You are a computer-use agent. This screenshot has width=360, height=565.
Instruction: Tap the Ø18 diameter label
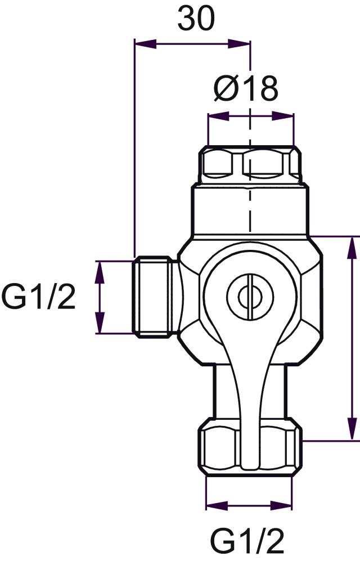[245, 88]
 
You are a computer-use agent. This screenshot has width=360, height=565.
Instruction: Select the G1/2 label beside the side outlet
[38, 296]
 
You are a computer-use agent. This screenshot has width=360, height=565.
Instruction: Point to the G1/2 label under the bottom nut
[247, 541]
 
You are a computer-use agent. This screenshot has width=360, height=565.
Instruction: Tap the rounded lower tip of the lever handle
[250, 464]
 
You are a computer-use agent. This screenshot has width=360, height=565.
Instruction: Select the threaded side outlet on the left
[155, 297]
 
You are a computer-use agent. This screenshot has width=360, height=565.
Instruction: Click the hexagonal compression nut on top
[250, 164]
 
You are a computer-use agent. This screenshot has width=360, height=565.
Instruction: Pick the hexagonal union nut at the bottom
[250, 447]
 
